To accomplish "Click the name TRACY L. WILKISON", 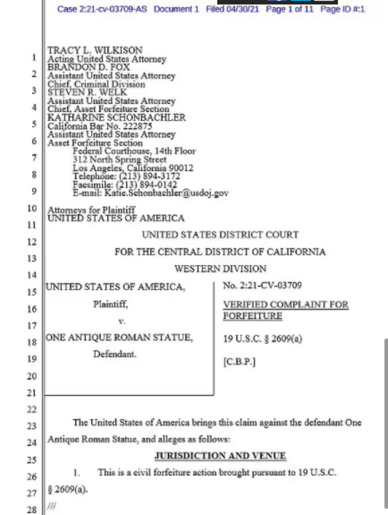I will tap(94, 51).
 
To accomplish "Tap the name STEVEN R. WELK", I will tap(87, 92).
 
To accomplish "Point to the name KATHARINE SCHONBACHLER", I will tap(116, 117).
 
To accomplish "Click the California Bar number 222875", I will tap(128, 126).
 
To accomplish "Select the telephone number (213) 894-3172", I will tap(149, 177).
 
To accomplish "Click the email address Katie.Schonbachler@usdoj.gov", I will tap(166, 193).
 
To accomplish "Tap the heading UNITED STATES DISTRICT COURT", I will tap(220, 235).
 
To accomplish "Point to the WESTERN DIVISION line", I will tap(220, 269).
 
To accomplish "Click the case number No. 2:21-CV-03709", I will tap(262, 286).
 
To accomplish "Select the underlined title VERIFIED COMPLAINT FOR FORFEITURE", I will tap(285, 310).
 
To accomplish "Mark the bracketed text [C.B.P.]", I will tap(239, 362).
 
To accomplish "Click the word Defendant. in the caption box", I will tap(115, 354).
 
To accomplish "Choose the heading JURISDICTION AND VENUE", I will tap(220, 456).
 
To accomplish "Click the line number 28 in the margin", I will tap(32, 510).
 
